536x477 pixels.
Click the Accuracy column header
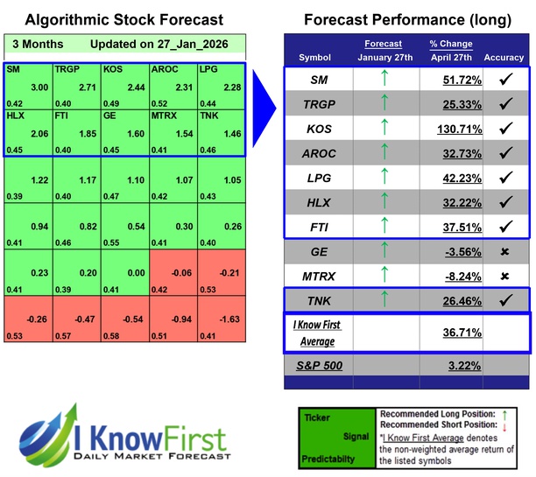[504, 58]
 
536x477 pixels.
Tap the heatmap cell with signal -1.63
[224, 320]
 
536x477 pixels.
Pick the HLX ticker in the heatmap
[15, 115]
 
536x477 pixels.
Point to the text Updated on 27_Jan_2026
[147, 44]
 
